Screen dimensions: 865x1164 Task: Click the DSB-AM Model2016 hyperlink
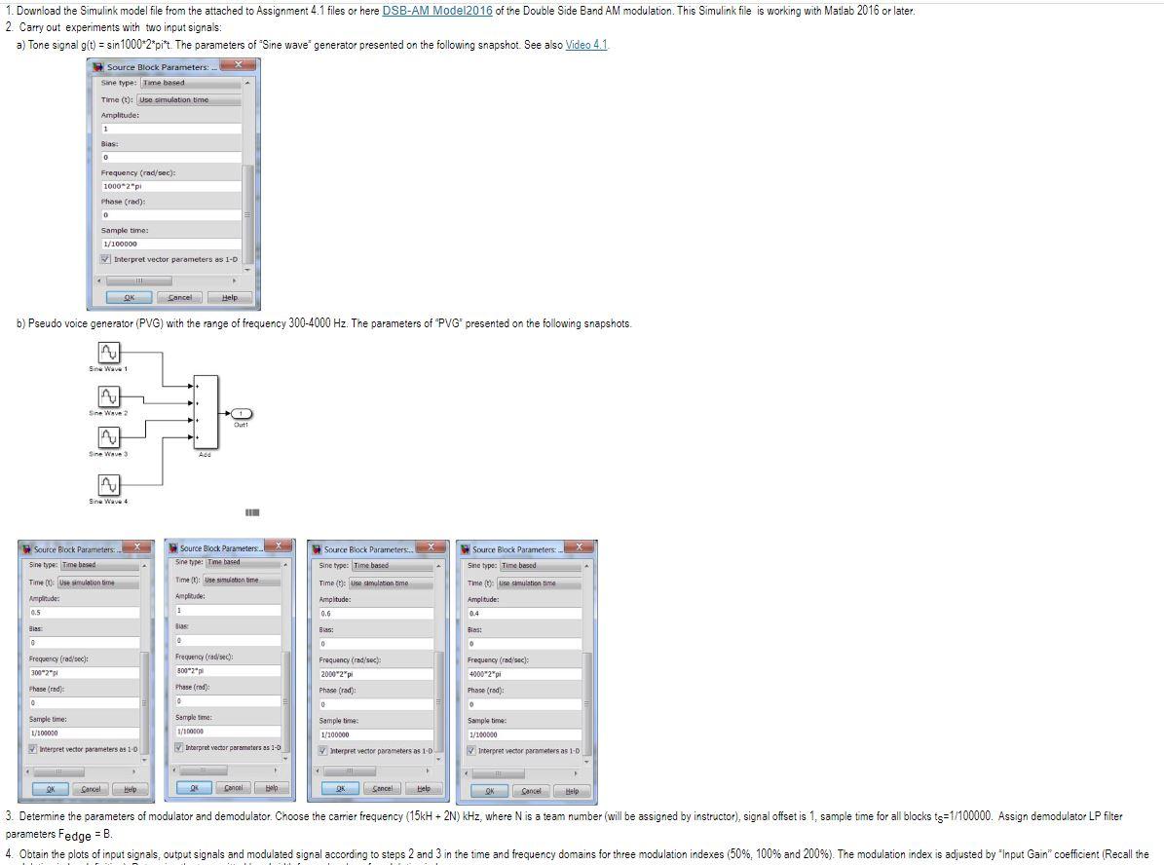(437, 11)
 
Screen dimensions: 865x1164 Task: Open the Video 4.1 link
(586, 46)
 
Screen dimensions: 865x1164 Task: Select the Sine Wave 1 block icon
(109, 352)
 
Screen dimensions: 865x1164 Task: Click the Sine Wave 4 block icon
(109, 485)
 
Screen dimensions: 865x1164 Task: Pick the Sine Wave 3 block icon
(109, 438)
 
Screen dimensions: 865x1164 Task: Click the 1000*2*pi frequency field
(170, 186)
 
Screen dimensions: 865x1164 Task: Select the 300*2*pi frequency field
(83, 673)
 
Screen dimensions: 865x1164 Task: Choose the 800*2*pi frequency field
(226, 670)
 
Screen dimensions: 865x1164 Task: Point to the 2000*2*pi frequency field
(375, 674)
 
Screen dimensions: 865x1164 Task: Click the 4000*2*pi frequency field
(523, 674)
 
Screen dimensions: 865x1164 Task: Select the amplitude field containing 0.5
(83, 613)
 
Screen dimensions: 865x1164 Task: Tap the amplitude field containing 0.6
(375, 614)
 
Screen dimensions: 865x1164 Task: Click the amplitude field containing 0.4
(523, 614)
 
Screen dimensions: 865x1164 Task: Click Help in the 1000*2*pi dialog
(229, 297)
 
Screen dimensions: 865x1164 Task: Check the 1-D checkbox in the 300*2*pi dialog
(33, 749)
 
